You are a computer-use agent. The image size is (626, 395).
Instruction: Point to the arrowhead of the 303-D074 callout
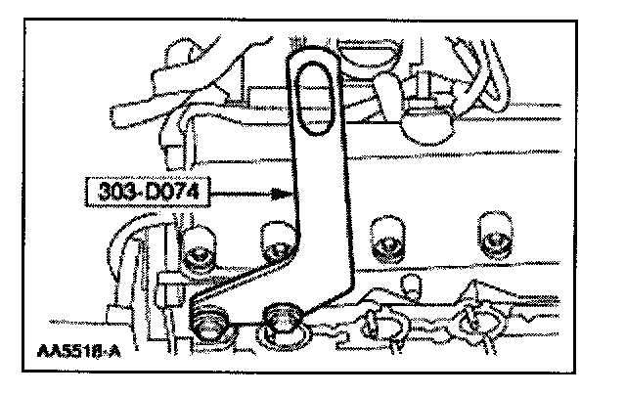[292, 195]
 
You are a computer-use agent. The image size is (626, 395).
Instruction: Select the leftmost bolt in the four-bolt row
[199, 252]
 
